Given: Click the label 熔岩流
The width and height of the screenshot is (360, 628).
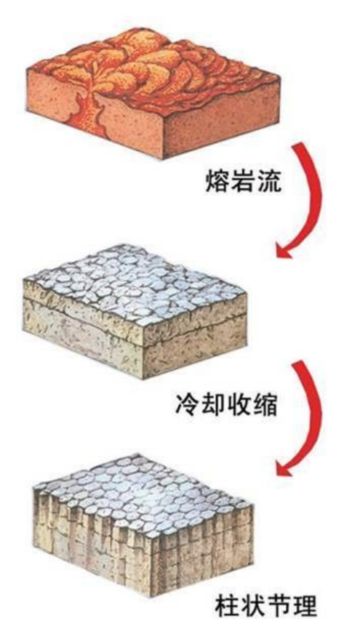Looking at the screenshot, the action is coord(244,182).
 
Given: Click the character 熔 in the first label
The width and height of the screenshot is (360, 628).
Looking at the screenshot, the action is coord(217,182).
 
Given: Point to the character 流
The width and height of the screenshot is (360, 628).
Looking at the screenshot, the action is coord(269,182).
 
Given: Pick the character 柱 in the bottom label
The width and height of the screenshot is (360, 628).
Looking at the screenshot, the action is coord(228,607).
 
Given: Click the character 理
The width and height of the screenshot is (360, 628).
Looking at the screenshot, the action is coord(305,607).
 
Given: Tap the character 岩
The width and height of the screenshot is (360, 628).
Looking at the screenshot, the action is coord(244,182).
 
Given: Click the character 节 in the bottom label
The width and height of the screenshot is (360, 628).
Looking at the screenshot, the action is coord(279,607).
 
